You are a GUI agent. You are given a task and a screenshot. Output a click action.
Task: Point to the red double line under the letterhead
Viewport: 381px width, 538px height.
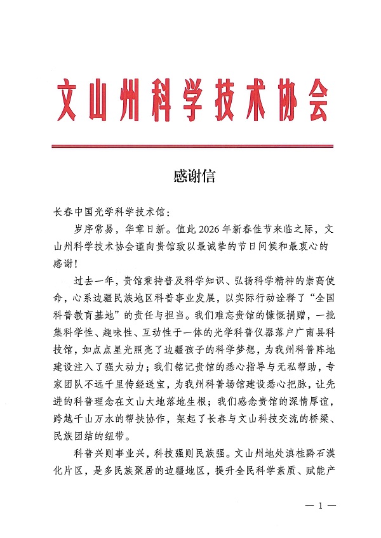[x=193, y=147]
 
